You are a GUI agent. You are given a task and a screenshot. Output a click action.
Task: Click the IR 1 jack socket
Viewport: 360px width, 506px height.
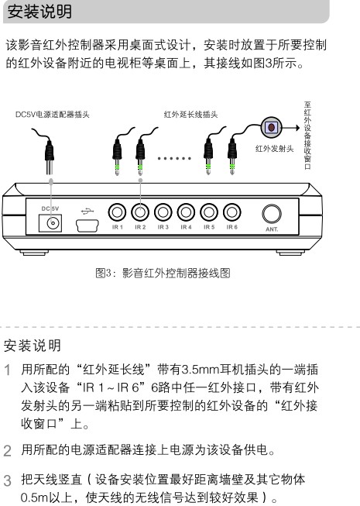pyautogui.click(x=117, y=212)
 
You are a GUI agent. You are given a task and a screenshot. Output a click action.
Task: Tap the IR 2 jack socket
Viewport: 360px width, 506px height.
pyautogui.click(x=140, y=212)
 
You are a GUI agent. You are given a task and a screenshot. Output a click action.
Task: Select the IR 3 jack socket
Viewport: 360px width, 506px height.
pyautogui.click(x=163, y=212)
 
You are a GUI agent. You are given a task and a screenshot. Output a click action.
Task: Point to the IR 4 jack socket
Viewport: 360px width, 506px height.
pyautogui.click(x=186, y=212)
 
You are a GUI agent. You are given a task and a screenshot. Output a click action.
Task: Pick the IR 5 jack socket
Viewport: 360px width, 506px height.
pyautogui.click(x=209, y=212)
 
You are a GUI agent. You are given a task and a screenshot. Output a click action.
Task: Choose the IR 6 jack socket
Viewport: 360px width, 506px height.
pyautogui.click(x=231, y=212)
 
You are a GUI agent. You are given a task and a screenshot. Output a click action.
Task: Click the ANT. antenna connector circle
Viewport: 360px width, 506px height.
pyautogui.click(x=272, y=214)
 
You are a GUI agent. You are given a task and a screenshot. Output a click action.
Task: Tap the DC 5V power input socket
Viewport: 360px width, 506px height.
pyautogui.click(x=50, y=223)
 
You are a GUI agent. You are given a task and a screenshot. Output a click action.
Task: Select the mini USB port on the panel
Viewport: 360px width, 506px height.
pyautogui.click(x=87, y=226)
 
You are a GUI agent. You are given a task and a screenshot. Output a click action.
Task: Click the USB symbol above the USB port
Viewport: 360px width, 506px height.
pyautogui.click(x=87, y=212)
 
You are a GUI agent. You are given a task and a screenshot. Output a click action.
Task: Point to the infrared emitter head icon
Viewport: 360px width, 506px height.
pyautogui.click(x=272, y=127)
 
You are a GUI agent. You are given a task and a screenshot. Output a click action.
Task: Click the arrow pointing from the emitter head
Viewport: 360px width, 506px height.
pyautogui.click(x=291, y=128)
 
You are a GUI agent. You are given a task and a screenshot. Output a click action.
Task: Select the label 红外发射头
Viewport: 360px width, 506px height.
pyautogui.click(x=275, y=149)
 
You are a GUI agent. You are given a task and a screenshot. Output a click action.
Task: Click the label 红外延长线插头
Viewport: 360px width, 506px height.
pyautogui.click(x=190, y=115)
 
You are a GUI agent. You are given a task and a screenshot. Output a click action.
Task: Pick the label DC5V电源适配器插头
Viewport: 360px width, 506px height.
pyautogui.click(x=52, y=115)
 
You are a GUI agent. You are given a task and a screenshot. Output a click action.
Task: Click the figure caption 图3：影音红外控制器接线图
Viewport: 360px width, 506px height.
pyautogui.click(x=163, y=273)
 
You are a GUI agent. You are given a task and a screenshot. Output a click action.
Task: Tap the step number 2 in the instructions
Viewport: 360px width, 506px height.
pyautogui.click(x=8, y=451)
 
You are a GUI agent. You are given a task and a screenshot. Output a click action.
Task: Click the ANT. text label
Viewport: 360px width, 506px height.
pyautogui.click(x=272, y=229)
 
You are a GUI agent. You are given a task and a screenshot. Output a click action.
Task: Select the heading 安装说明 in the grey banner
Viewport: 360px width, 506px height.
pyautogui.click(x=39, y=12)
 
